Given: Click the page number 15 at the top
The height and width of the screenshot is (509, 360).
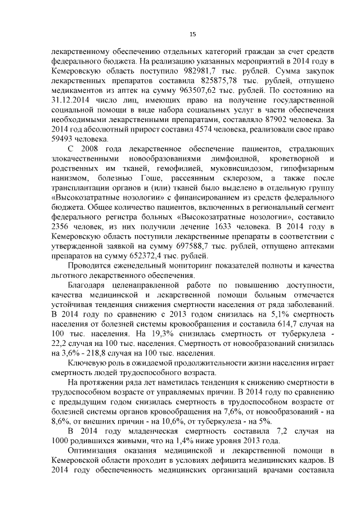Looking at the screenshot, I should (x=192, y=34).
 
